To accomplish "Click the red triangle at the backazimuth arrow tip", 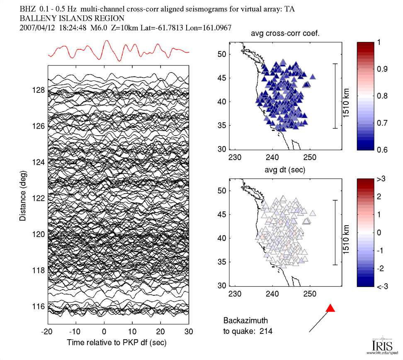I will click(330, 308).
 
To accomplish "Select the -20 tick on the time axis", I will click(47, 332).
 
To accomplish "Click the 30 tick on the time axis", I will click(189, 332).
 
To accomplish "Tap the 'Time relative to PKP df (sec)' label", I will click(118, 342).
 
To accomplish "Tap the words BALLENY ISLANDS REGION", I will click(72, 18).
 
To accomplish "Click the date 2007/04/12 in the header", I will click(38, 28).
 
